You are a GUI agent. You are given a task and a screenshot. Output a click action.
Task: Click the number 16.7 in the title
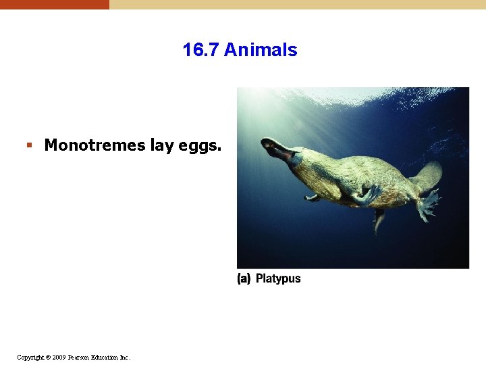pyautogui.click(x=201, y=50)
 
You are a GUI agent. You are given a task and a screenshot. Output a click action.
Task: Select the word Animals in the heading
pyautogui.click(x=261, y=50)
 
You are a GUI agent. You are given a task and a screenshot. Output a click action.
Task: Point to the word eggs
pyautogui.click(x=199, y=145)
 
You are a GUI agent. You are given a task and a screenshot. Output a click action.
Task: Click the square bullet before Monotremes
pyautogui.click(x=28, y=145)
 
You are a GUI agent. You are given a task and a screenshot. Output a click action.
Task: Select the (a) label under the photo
pyautogui.click(x=244, y=278)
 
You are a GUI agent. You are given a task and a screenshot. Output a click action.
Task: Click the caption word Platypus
pyautogui.click(x=278, y=278)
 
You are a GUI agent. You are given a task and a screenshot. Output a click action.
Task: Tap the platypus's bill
pyautogui.click(x=273, y=147)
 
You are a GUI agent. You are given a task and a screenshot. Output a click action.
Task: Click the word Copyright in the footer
pyautogui.click(x=31, y=357)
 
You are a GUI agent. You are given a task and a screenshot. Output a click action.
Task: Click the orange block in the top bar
pyautogui.click(x=54, y=4)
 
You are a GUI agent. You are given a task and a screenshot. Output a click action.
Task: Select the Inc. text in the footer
pyautogui.click(x=126, y=357)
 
